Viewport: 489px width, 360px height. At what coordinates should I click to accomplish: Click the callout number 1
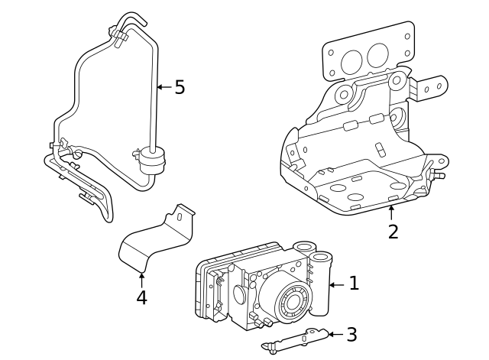coord(354,283)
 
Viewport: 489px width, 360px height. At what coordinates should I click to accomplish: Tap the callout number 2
coord(393,232)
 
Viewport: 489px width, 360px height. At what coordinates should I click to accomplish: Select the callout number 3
coord(351,334)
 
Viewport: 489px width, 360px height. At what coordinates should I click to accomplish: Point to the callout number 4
coord(141,297)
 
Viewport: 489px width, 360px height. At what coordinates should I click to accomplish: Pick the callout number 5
coord(180,86)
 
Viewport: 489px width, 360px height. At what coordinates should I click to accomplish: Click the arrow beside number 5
coord(164,86)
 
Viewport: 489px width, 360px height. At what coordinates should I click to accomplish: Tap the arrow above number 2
coord(391,212)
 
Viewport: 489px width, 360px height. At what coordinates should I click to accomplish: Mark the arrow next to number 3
coord(335,334)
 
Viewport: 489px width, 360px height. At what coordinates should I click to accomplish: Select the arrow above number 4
coord(141,280)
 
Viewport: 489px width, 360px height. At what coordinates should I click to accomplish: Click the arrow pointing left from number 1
coord(337,284)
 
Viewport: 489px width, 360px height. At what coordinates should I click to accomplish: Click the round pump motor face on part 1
coord(293,300)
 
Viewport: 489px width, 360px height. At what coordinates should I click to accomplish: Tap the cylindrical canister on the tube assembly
coord(152,161)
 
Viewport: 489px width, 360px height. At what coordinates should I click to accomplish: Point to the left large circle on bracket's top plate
coord(352,62)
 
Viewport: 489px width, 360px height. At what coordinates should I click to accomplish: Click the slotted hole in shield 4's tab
coord(180,217)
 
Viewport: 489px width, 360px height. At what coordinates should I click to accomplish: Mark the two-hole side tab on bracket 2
coord(431,89)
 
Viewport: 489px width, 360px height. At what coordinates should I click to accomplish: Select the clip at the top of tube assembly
coord(118,37)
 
